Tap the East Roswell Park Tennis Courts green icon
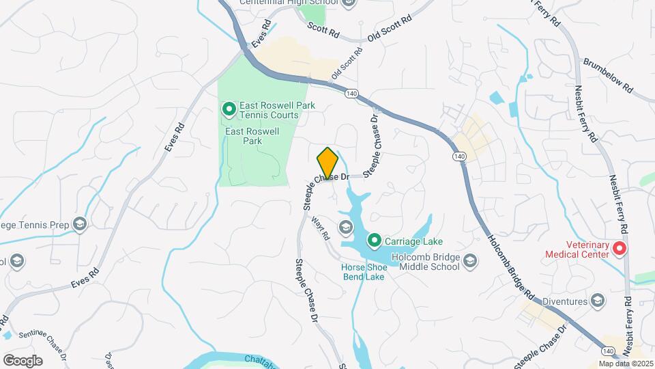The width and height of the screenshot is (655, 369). click(229, 109)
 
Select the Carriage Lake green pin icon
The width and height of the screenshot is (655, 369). click(374, 241)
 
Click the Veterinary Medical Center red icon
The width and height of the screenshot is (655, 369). click(620, 248)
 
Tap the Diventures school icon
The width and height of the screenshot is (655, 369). click(597, 301)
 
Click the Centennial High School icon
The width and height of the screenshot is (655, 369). click(349, 3)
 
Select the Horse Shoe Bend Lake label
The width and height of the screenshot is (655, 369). click(364, 271)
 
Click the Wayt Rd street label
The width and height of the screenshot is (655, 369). click(320, 229)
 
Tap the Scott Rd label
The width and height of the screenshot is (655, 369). click(323, 29)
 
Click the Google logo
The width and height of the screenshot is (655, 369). click(23, 360)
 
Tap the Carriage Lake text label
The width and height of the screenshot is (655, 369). click(414, 241)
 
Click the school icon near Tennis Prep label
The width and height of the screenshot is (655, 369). click(80, 224)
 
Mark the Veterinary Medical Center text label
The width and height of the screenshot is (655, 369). click(576, 249)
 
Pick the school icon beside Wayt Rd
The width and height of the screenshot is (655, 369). click(345, 227)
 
